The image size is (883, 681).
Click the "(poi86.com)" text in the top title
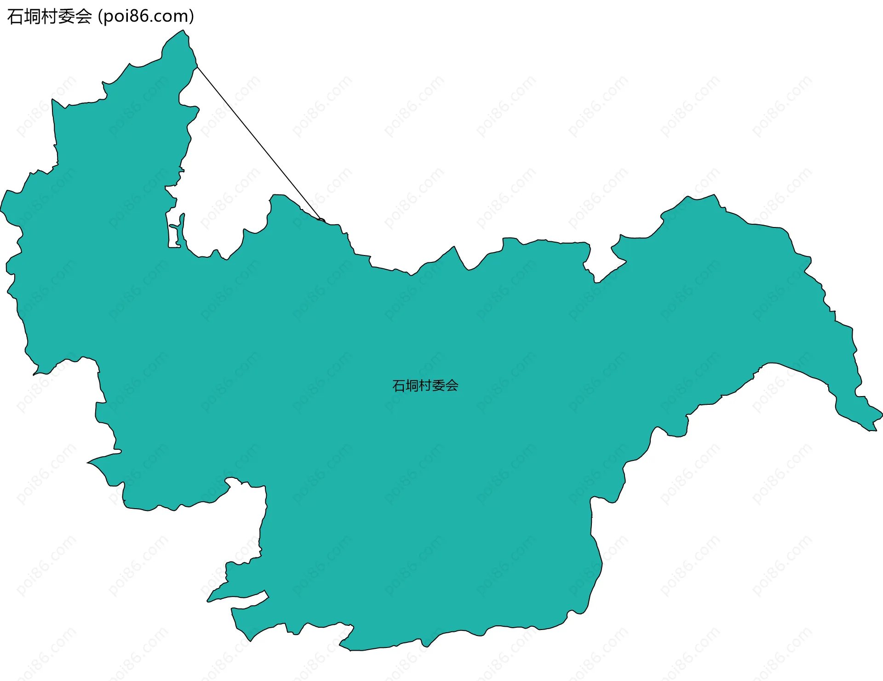(146, 17)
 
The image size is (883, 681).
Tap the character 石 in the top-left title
(15, 17)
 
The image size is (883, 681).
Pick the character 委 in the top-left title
(67, 17)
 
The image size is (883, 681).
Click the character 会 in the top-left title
(84, 17)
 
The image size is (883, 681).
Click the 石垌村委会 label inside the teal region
(425, 386)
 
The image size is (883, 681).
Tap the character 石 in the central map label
(398, 386)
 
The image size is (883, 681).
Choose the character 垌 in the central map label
(412, 386)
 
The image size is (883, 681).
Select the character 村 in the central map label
(425, 386)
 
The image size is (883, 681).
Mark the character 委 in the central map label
(438, 386)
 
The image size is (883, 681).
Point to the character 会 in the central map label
(452, 386)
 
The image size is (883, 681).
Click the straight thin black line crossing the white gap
(258, 142)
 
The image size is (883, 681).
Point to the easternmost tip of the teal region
(882, 413)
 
